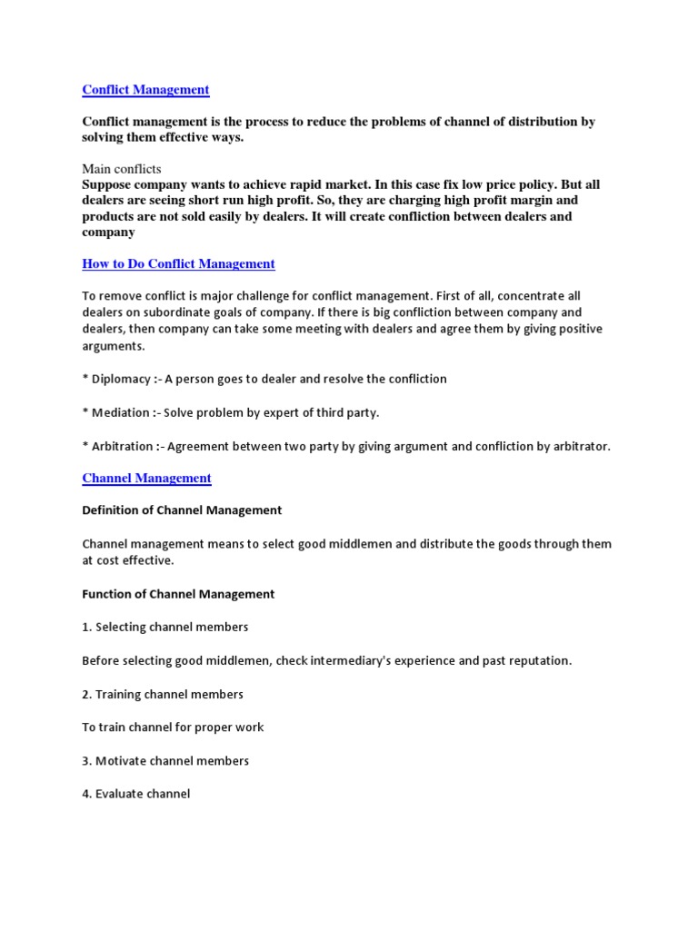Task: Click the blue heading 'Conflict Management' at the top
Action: [x=145, y=90]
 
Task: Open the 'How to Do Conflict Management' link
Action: [x=178, y=264]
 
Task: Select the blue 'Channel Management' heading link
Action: [x=146, y=479]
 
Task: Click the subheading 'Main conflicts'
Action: [x=121, y=169]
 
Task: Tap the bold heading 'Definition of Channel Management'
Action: [x=182, y=510]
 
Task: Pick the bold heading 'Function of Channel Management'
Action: [x=178, y=594]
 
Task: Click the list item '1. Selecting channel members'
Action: [x=165, y=627]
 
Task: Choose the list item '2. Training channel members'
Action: [x=163, y=694]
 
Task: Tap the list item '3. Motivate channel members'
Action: [x=165, y=761]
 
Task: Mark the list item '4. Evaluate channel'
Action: [x=135, y=794]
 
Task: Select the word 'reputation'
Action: [x=535, y=660]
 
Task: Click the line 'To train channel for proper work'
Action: [x=173, y=727]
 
